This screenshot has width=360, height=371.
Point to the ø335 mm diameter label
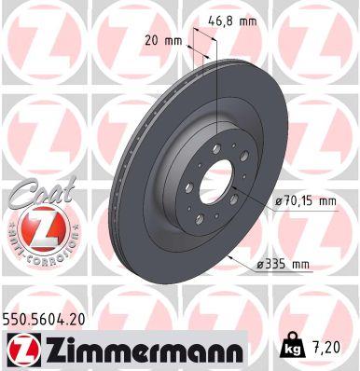pos(283,265)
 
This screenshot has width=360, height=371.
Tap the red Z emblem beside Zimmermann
pos(21,350)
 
